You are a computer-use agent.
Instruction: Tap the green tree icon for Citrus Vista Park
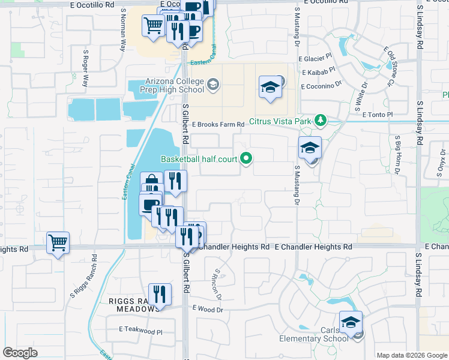pos(321,121)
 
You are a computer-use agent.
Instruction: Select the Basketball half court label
pos(199,159)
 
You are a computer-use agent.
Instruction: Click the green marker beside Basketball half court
pos(246,158)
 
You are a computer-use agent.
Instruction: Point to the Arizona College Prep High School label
pos(175,86)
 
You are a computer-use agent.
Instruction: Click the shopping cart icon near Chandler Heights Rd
pos(58,242)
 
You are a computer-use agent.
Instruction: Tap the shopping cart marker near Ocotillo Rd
pos(154,25)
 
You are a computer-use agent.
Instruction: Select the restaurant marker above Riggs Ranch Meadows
pos(160,295)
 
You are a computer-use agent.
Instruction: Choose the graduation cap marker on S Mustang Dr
pos(310,148)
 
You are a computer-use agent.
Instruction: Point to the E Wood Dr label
pos(207,309)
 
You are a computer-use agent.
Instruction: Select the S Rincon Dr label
pos(217,284)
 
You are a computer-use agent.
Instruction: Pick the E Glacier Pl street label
pos(315,58)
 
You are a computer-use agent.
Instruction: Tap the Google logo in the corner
pos(20,353)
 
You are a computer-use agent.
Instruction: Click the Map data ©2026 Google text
pos(412,355)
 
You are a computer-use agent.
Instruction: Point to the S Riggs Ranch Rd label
pos(83,284)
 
